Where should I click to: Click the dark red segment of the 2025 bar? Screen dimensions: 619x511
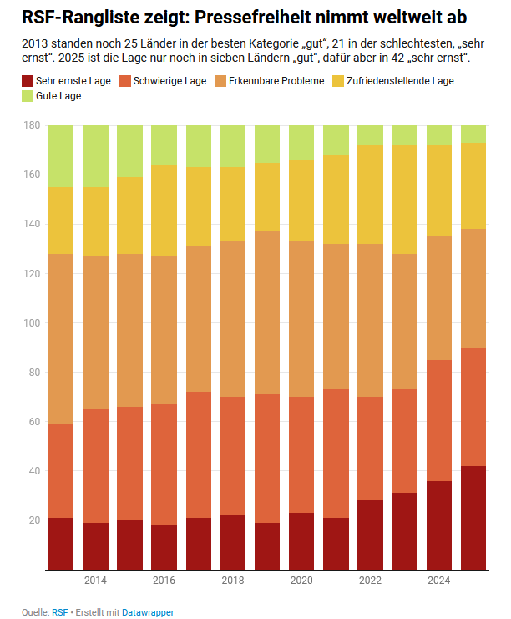point(473,518)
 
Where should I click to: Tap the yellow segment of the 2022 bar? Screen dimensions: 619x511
point(370,195)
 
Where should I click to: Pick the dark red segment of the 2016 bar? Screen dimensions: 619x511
point(164,547)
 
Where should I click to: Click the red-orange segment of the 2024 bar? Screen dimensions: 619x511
point(439,420)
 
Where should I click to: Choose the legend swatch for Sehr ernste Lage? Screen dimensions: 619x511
point(28,81)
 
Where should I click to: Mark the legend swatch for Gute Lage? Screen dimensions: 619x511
point(28,96)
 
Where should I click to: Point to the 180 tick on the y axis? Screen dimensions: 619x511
point(33,125)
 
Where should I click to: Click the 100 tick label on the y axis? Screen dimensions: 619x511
point(33,322)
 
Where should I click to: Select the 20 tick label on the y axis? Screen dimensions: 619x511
point(34,520)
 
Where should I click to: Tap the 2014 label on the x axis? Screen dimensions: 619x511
point(95,580)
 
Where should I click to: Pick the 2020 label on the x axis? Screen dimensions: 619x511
point(301,580)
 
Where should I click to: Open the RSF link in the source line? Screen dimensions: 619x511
point(59,612)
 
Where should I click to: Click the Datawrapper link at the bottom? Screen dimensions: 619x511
point(148,612)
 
